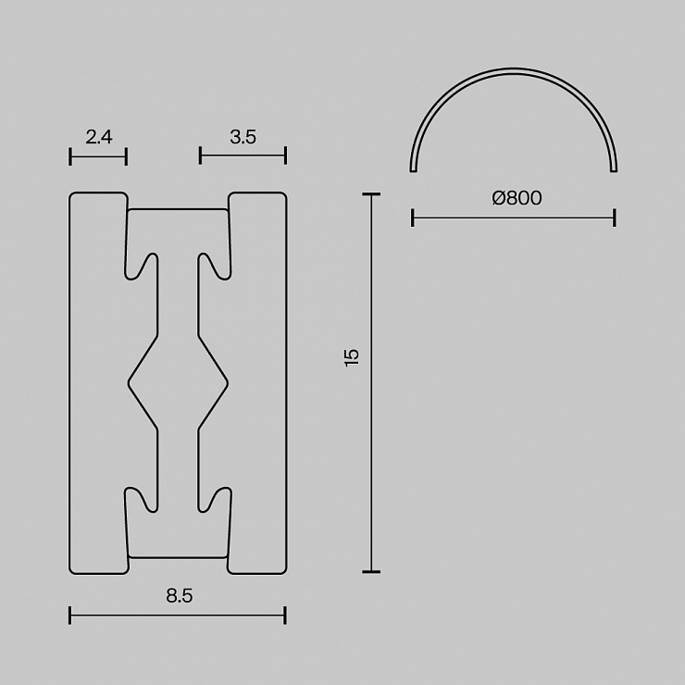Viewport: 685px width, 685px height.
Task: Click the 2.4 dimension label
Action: [x=99, y=137]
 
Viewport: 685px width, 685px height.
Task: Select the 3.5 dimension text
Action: [x=243, y=137]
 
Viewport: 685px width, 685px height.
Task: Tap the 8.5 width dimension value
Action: [x=179, y=596]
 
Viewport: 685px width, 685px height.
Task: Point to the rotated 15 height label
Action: [x=352, y=357]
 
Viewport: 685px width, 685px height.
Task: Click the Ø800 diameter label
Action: [x=517, y=198]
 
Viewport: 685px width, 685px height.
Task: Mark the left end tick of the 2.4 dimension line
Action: [x=70, y=156]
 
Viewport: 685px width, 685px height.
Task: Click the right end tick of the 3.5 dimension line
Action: [x=285, y=156]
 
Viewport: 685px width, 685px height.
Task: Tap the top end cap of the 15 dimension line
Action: [x=371, y=194]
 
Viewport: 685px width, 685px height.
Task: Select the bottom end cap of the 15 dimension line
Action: [x=371, y=571]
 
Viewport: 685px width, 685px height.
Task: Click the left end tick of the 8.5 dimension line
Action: [x=70, y=615]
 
